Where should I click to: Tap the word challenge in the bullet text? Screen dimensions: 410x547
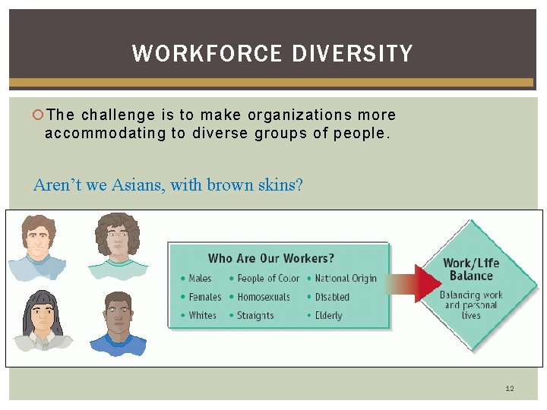click(118, 115)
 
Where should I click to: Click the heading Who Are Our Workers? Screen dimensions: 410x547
click(270, 259)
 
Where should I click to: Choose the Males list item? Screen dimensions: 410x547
click(200, 279)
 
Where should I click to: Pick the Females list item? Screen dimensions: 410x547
click(204, 297)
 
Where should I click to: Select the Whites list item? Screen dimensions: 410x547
click(202, 315)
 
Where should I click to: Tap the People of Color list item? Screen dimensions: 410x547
click(268, 279)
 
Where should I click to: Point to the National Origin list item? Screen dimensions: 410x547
click(346, 279)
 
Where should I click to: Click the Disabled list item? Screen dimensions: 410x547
click(332, 297)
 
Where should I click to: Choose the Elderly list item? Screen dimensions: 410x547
click(328, 315)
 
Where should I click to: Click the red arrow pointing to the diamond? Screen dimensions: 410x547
click(418, 285)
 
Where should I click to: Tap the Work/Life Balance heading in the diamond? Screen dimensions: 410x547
click(471, 270)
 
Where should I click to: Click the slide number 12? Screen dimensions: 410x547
click(510, 389)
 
